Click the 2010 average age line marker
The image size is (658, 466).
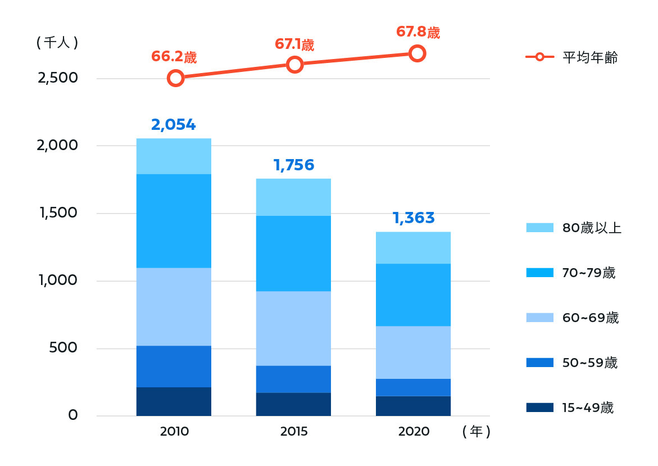click(176, 78)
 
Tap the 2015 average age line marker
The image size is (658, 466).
click(294, 65)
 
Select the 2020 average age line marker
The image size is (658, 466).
click(416, 53)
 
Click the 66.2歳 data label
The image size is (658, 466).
click(174, 57)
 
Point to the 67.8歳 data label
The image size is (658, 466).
click(418, 32)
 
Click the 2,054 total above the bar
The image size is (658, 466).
click(174, 125)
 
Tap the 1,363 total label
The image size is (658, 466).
click(414, 218)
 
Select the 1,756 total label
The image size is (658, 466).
click(293, 165)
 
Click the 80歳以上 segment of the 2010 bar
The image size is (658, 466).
click(174, 156)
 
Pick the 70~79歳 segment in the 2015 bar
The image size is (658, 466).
click(293, 254)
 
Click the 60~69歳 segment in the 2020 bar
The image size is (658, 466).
click(413, 352)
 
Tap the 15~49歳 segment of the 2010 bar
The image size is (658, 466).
click(174, 401)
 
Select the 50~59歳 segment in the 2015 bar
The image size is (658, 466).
click(293, 379)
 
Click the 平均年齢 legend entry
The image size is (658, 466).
click(572, 57)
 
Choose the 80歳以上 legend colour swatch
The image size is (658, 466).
click(539, 228)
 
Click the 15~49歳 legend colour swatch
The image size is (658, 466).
click(539, 408)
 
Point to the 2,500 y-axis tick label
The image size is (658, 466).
click(58, 78)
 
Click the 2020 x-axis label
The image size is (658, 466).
click(414, 432)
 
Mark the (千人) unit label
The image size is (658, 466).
click(57, 43)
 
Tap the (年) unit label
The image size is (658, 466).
click(477, 432)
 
